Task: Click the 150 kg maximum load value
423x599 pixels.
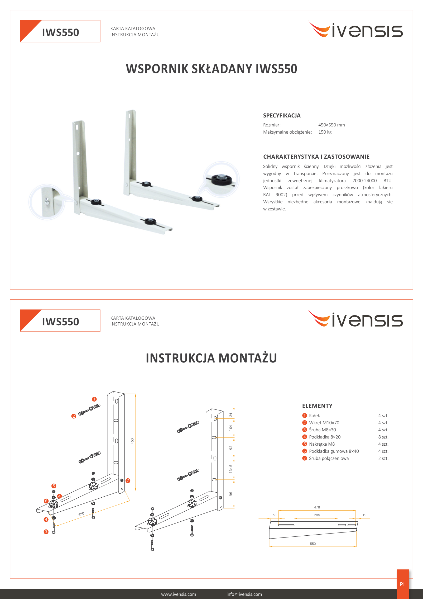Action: pyautogui.click(x=325, y=132)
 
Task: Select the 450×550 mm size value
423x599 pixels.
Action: pyautogui.click(x=331, y=125)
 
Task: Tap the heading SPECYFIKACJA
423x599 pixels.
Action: pyautogui.click(x=282, y=115)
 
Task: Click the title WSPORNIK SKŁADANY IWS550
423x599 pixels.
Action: pyautogui.click(x=211, y=69)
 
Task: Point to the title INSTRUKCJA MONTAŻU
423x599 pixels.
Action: pyautogui.click(x=211, y=358)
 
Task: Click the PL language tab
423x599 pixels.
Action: pyautogui.click(x=403, y=584)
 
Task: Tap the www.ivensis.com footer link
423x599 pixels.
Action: pyautogui.click(x=179, y=594)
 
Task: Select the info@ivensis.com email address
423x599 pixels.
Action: pyautogui.click(x=244, y=594)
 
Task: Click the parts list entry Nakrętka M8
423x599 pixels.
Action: pyautogui.click(x=322, y=444)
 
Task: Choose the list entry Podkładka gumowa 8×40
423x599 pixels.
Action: pyautogui.click(x=334, y=451)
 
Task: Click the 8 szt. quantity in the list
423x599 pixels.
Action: pyautogui.click(x=383, y=437)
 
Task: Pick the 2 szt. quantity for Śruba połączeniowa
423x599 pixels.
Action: pyautogui.click(x=383, y=458)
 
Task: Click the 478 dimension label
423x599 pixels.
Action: pyautogui.click(x=317, y=507)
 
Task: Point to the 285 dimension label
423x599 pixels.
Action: pyautogui.click(x=317, y=515)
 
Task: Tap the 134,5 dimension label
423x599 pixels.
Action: pyautogui.click(x=231, y=469)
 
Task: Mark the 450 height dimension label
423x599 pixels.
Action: pyautogui.click(x=132, y=441)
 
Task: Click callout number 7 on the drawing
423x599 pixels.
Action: pyautogui.click(x=128, y=480)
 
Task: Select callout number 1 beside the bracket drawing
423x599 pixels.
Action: pyautogui.click(x=94, y=399)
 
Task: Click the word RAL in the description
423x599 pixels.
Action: pyautogui.click(x=267, y=195)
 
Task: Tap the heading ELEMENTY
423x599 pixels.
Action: pyautogui.click(x=317, y=406)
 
